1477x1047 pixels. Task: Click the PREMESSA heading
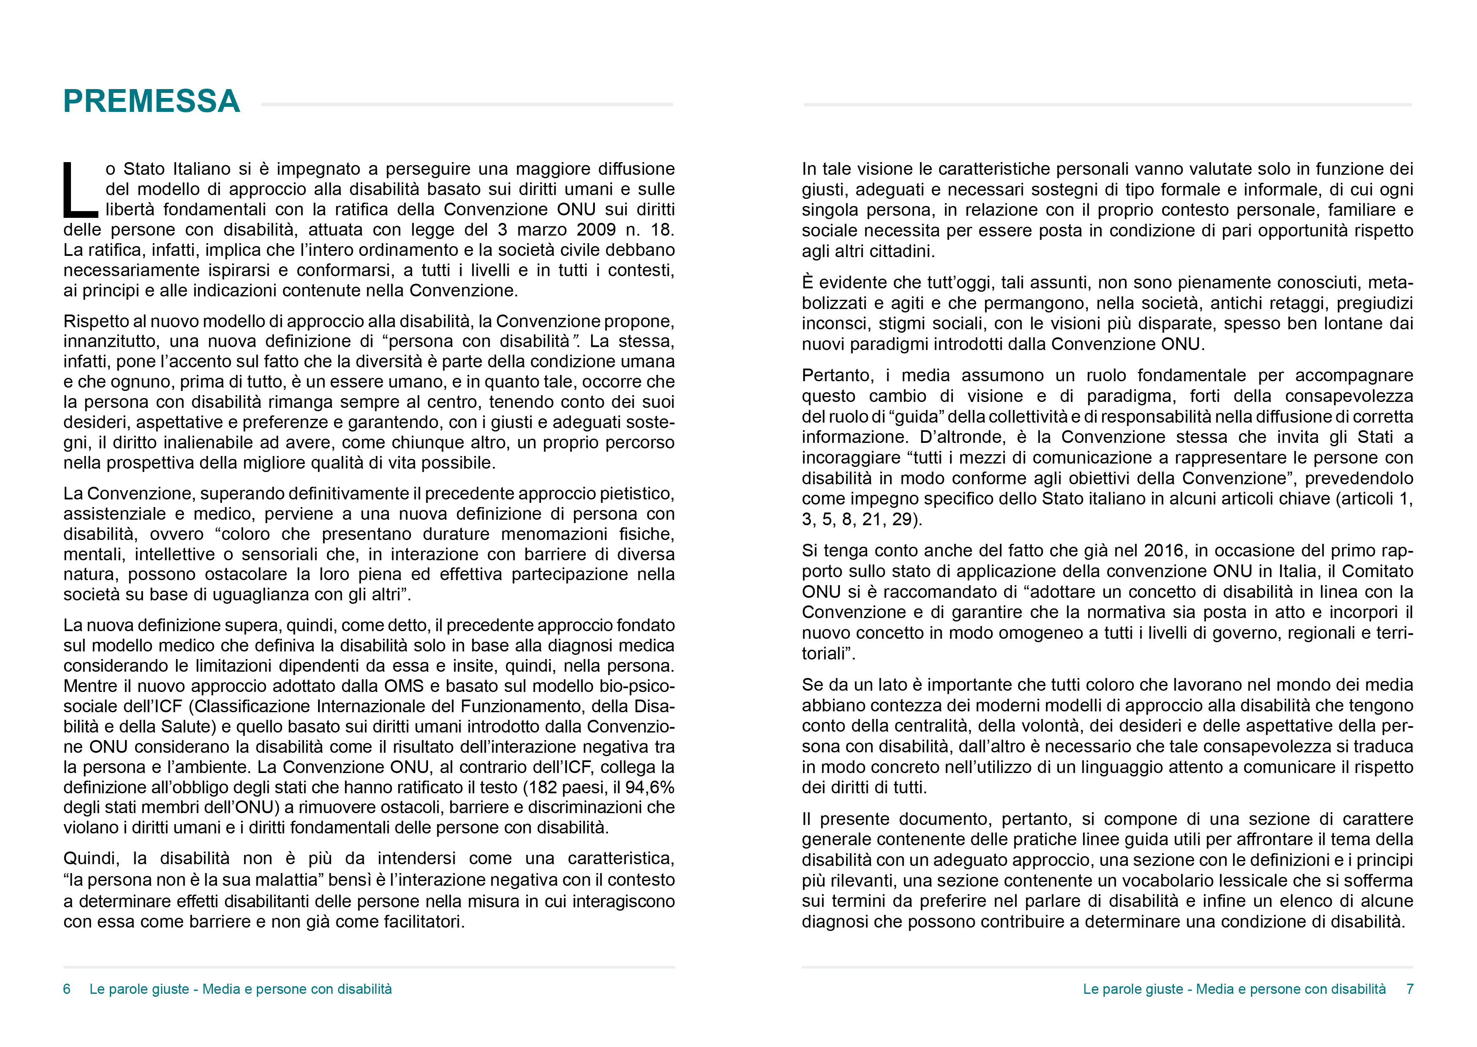[152, 101]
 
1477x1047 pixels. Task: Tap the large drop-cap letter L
[80, 191]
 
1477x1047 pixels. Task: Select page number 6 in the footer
[67, 989]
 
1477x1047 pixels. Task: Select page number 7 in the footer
[1410, 989]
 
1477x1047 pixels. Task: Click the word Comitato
[1378, 571]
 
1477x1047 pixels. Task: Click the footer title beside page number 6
[240, 989]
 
